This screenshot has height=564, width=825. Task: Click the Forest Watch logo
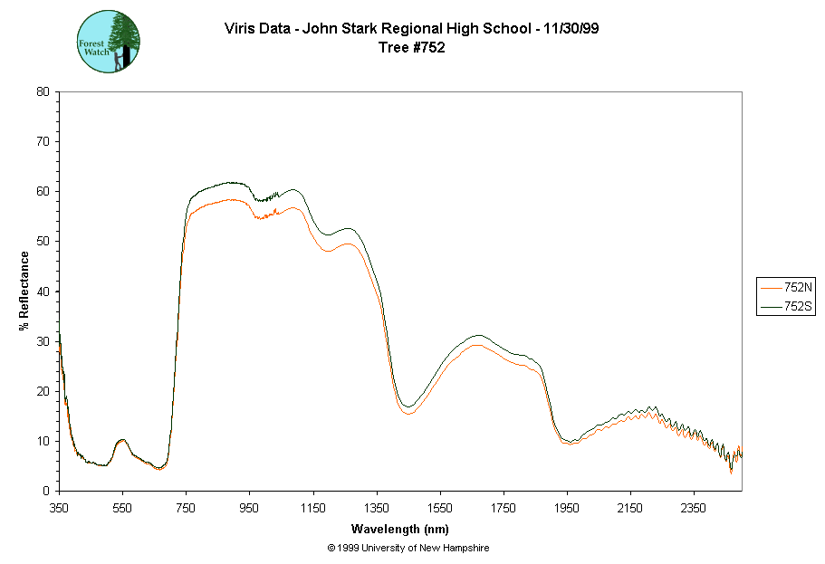click(x=109, y=42)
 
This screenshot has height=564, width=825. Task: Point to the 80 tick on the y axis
click(x=43, y=91)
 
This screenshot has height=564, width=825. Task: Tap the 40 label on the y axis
click(x=43, y=292)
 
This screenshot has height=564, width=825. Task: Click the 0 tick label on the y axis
click(x=45, y=491)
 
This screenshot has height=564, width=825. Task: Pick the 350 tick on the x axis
click(x=59, y=508)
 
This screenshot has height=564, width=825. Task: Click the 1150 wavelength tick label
click(x=313, y=508)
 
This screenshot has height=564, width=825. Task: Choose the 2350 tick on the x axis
click(x=695, y=508)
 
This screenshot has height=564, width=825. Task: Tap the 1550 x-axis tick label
click(x=440, y=508)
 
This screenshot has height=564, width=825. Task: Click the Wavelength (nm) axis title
click(x=401, y=529)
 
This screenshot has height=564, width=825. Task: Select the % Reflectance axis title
click(x=24, y=291)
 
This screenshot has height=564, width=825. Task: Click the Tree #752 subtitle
click(x=411, y=48)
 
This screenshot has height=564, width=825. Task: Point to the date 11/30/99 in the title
click(x=567, y=29)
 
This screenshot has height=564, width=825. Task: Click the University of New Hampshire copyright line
click(x=408, y=549)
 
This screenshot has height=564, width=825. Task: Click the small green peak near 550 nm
click(x=122, y=441)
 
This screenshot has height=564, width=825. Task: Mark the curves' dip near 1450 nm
click(x=408, y=410)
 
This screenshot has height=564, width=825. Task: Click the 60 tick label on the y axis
click(x=43, y=191)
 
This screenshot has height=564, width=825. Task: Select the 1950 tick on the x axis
click(x=568, y=508)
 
